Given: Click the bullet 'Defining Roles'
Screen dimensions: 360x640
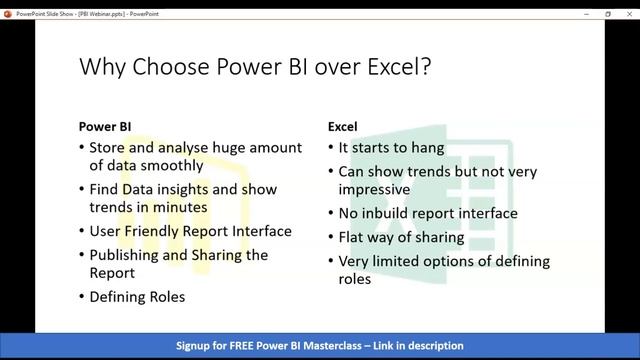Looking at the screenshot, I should coord(137,297).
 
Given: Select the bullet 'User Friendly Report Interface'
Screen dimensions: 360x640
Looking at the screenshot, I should coord(190,231).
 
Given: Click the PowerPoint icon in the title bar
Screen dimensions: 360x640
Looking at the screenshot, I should coord(9,14).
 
